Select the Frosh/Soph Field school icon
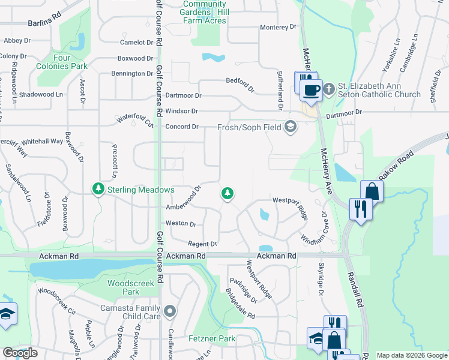(291, 127)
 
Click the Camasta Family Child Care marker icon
(170, 311)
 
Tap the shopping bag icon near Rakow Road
(372, 191)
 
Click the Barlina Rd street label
(44, 23)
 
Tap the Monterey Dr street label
(279, 27)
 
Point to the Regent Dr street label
(202, 244)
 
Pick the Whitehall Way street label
(42, 142)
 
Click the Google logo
(20, 353)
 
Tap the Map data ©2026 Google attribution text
(412, 355)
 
